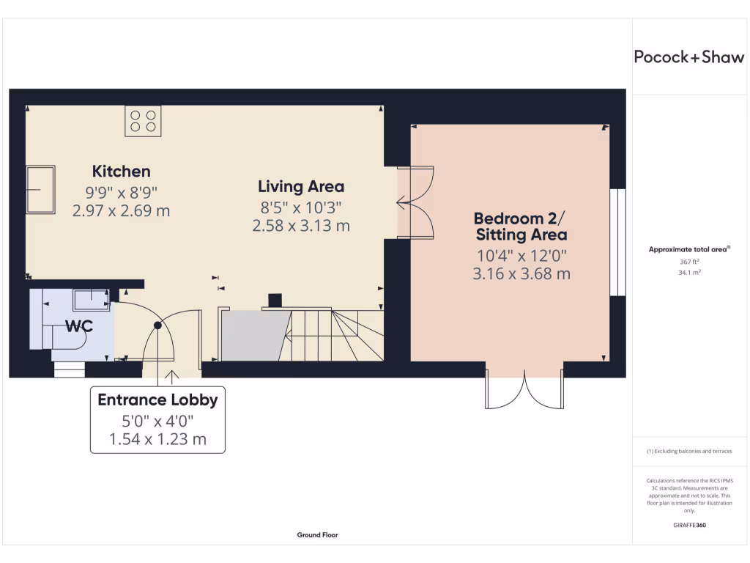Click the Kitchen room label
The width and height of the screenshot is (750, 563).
[121, 172]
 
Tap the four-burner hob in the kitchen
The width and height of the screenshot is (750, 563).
[143, 121]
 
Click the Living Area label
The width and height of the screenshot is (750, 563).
[301, 186]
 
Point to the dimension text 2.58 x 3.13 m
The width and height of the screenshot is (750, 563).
[301, 226]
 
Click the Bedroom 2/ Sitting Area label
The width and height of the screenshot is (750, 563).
[520, 227]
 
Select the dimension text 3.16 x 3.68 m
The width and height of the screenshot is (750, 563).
[521, 274]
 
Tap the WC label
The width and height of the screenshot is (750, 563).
[79, 326]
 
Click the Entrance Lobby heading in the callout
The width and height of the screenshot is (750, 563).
[157, 400]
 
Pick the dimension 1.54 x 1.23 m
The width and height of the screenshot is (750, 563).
[157, 440]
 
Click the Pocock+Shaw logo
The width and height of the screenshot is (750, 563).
[688, 57]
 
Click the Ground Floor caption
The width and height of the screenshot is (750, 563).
[317, 535]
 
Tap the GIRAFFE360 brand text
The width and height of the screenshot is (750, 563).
[689, 525]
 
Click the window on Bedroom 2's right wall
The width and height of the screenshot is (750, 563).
[618, 242]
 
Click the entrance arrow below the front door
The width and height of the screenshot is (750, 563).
[173, 378]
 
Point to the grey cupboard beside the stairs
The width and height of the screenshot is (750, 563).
[251, 336]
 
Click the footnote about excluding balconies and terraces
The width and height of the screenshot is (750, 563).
[689, 452]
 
